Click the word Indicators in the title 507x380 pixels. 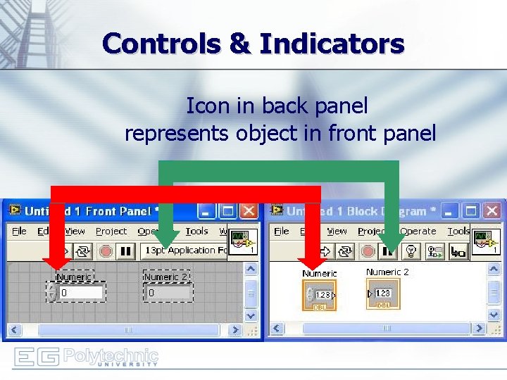tap(332, 44)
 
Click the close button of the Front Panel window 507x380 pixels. tap(249, 211)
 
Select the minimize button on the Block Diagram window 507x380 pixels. tap(451, 211)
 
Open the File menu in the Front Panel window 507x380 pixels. tap(19, 231)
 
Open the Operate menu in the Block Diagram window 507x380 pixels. tap(418, 231)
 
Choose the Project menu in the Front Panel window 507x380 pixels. tap(111, 231)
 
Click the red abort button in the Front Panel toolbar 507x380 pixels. tap(106, 251)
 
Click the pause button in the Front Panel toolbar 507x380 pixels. tap(126, 251)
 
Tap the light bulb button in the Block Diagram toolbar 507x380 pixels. tap(412, 251)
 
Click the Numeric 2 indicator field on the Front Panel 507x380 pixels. tap(168, 292)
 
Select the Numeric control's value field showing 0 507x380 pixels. tap(80, 292)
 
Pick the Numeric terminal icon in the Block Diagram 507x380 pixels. tap(320, 296)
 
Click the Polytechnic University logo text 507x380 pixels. tap(111, 357)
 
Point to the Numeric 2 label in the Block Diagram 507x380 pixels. tap(387, 272)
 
